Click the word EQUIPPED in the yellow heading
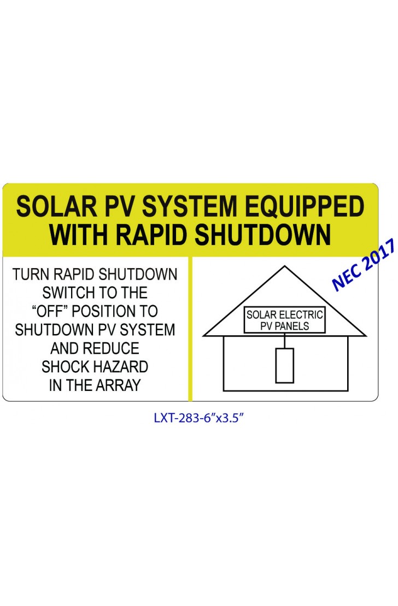pos(305,207)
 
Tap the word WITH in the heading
pos(79,235)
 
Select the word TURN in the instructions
pos(31,275)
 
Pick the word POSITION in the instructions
pos(102,311)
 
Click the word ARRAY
pos(118,385)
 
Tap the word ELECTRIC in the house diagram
pos(301,314)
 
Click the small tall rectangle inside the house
pos(285,366)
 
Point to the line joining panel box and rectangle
pos(285,341)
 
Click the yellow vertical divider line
pos(190,329)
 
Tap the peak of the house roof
pos(285,266)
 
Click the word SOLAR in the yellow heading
pos(56,207)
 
